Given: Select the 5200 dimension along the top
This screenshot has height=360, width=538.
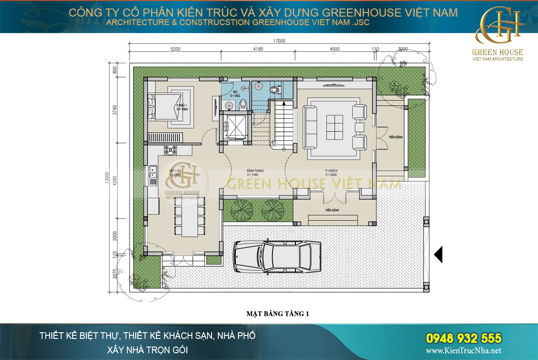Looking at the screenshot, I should point(175,49).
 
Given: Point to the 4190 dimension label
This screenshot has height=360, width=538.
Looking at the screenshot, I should point(257,49).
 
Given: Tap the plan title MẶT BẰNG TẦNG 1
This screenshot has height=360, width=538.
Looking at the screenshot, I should point(278,314).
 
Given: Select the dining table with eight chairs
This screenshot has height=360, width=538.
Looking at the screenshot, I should point(189,217).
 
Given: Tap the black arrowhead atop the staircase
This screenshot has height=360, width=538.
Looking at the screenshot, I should point(284,104).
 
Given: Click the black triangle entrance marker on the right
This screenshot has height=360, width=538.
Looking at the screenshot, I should point(438,254).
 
